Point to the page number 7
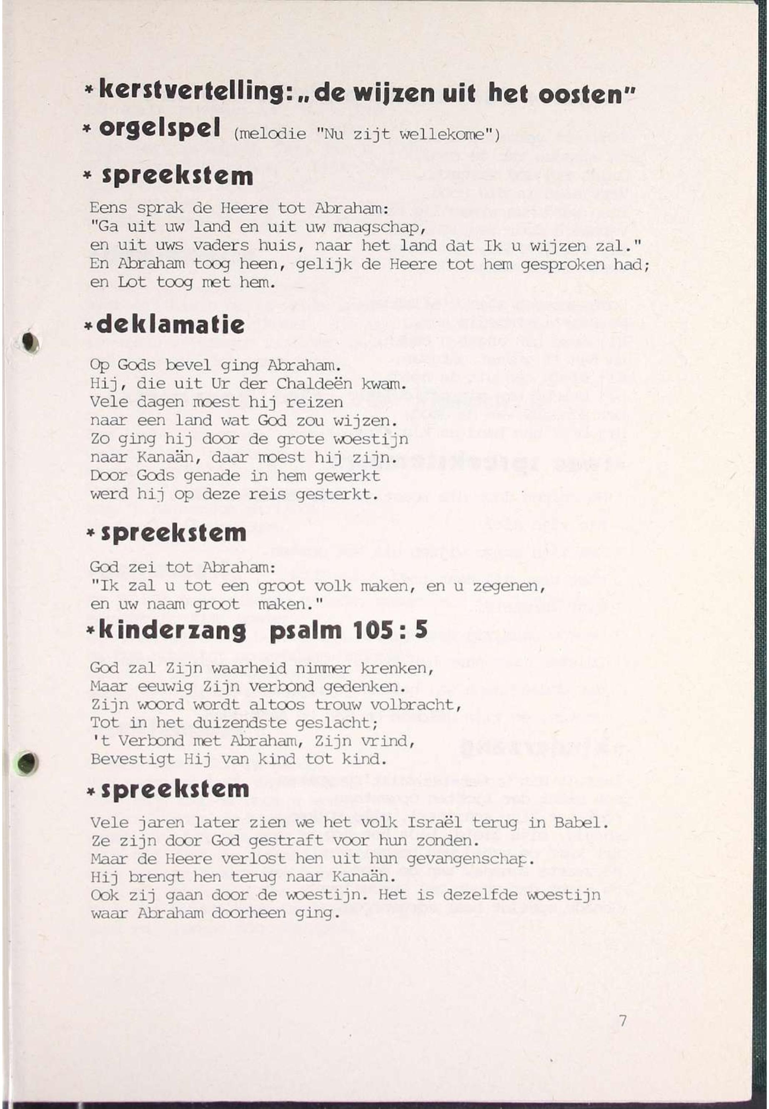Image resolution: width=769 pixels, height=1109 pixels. [x=623, y=1020]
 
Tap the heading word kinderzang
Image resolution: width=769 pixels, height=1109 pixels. [x=172, y=630]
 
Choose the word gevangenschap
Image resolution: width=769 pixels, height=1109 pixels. [x=470, y=859]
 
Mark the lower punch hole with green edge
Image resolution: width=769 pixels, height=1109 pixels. [x=28, y=762]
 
